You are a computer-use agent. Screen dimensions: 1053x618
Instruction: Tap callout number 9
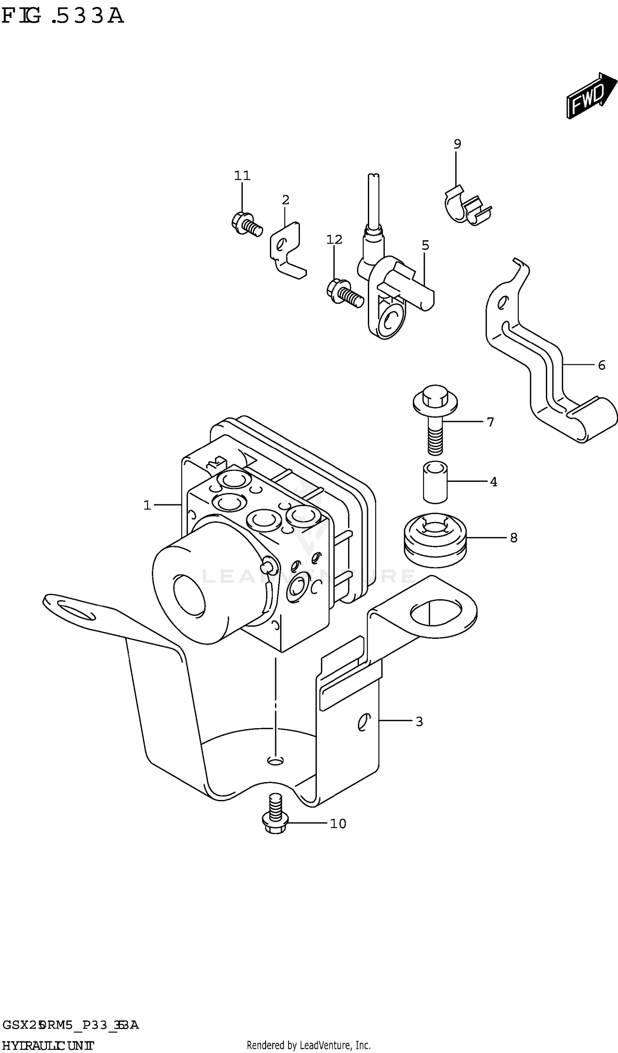point(457,144)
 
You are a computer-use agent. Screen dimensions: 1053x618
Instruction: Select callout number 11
point(242,176)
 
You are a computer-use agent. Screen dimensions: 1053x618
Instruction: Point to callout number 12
point(334,239)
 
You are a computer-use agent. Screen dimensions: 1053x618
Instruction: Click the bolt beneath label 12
point(345,293)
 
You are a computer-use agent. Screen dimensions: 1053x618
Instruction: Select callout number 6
point(601,366)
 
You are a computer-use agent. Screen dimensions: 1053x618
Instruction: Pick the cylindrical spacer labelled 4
point(435,482)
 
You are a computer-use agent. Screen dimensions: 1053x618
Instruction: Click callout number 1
point(147,506)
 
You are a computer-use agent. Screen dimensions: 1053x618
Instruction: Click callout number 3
point(419,722)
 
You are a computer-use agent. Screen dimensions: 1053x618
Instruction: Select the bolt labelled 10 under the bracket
point(274,815)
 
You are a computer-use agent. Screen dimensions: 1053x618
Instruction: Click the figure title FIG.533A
point(63,16)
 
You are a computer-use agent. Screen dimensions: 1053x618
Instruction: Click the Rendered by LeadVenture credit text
point(308,1045)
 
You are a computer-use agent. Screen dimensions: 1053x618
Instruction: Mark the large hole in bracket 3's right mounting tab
point(435,613)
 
